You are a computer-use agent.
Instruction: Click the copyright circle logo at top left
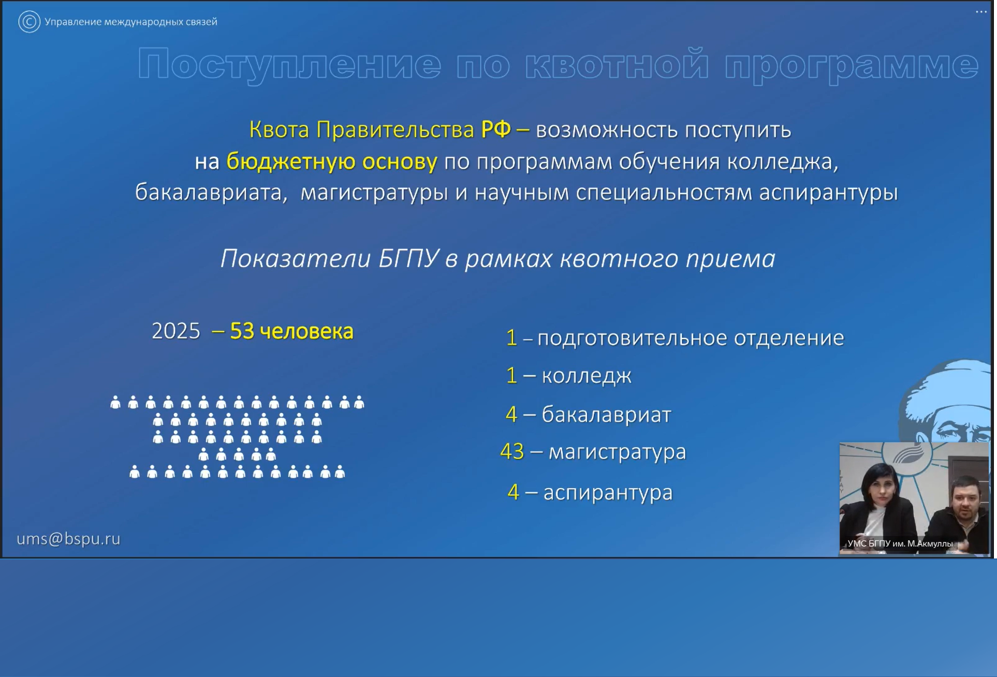pos(29,22)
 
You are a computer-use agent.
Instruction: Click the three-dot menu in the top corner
pos(981,11)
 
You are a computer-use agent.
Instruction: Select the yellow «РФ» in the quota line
pos(495,129)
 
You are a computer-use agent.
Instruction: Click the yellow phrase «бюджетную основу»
pos(332,161)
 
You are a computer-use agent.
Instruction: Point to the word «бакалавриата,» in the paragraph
pos(211,193)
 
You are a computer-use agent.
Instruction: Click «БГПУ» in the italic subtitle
pos(409,258)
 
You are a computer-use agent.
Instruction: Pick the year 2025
pos(176,331)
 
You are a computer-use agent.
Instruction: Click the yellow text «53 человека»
pos(291,331)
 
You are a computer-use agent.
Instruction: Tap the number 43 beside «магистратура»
pos(512,452)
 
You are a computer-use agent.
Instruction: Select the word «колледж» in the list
pos(587,376)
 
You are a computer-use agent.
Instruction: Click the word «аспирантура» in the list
pos(608,492)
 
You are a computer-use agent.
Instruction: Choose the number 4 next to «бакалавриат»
pos(511,414)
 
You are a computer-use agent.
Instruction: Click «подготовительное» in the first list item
pos(632,338)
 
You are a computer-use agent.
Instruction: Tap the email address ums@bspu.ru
pos(68,539)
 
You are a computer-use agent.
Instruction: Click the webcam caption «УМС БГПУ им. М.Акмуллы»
pos(900,543)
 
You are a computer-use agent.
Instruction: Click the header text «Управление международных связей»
pos(131,22)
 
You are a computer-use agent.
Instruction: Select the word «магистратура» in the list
pos(618,452)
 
